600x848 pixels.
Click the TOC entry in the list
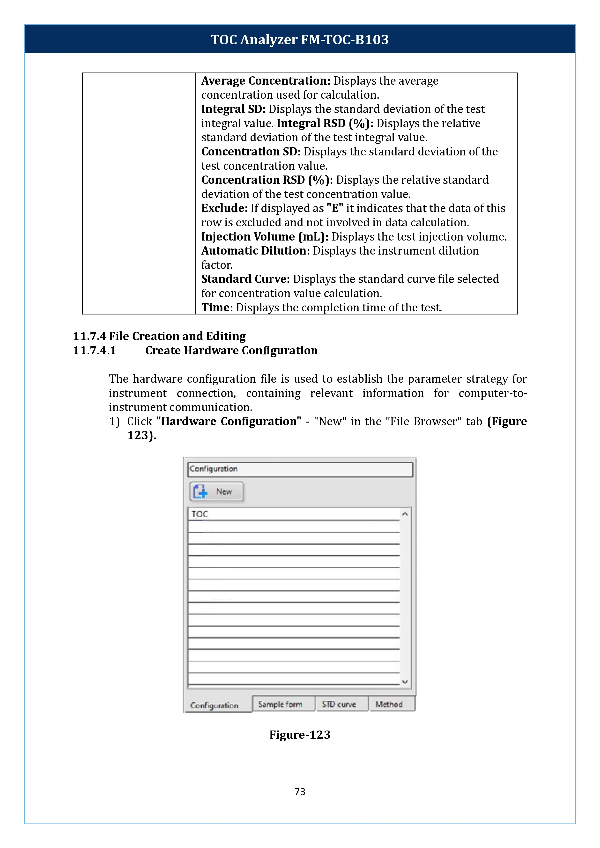pyautogui.click(x=200, y=514)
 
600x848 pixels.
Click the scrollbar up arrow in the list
pyautogui.click(x=405, y=514)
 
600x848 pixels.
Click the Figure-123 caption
pyautogui.click(x=300, y=735)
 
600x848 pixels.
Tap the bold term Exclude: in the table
pyautogui.click(x=224, y=208)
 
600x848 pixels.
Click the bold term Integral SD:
pyautogui.click(x=233, y=109)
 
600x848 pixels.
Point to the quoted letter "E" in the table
pyautogui.click(x=335, y=208)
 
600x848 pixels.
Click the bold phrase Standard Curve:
pyautogui.click(x=245, y=279)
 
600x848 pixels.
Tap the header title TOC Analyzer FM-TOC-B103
pyautogui.click(x=300, y=39)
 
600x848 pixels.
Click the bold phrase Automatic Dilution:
pyautogui.click(x=255, y=251)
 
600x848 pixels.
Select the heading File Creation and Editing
pyautogui.click(x=177, y=336)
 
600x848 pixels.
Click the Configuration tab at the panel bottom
pyautogui.click(x=214, y=705)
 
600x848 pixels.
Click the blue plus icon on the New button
pyautogui.click(x=200, y=492)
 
